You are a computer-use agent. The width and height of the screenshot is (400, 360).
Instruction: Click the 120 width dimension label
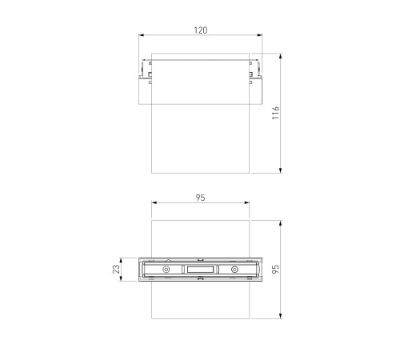pos(200,30)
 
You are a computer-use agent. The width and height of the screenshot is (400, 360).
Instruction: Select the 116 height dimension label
pos(274,114)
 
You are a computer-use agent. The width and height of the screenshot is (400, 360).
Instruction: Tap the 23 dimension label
pos(116,270)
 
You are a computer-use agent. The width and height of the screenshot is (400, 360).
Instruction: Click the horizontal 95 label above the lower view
pos(200,197)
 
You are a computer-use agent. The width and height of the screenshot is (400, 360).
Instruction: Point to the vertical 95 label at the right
pos(276,270)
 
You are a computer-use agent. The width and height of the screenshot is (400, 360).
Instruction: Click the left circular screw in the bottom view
pos(166,270)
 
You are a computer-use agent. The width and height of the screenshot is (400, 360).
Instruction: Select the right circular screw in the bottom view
pos(234,270)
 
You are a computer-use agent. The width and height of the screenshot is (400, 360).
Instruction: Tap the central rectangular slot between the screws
pos(200,270)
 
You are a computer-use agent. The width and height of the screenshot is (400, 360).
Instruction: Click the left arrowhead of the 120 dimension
pos(142,35)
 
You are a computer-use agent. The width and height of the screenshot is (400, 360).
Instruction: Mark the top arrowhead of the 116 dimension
pos(281,57)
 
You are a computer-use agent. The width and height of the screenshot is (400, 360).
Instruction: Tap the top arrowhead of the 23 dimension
pos(122,260)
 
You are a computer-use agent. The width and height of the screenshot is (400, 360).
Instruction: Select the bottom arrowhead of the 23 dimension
pos(122,281)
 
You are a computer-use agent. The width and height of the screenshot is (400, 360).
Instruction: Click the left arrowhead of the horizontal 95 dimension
pos(154,203)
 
